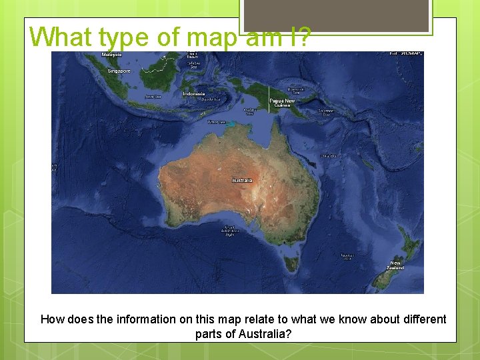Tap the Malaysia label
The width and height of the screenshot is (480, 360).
click(x=112, y=54)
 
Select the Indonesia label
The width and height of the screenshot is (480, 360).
click(x=194, y=94)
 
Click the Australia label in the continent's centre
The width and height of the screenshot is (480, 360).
click(x=242, y=181)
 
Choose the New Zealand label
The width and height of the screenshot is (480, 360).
click(x=396, y=265)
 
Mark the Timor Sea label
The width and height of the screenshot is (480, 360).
click(x=217, y=122)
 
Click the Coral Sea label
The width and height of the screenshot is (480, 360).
click(x=328, y=155)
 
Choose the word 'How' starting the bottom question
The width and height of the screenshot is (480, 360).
click(x=53, y=319)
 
